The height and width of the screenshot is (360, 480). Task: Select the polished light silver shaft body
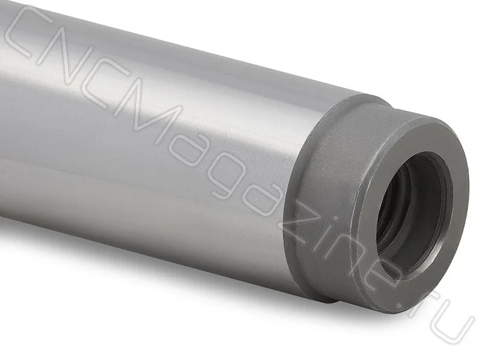pyautogui.click(x=153, y=138)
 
